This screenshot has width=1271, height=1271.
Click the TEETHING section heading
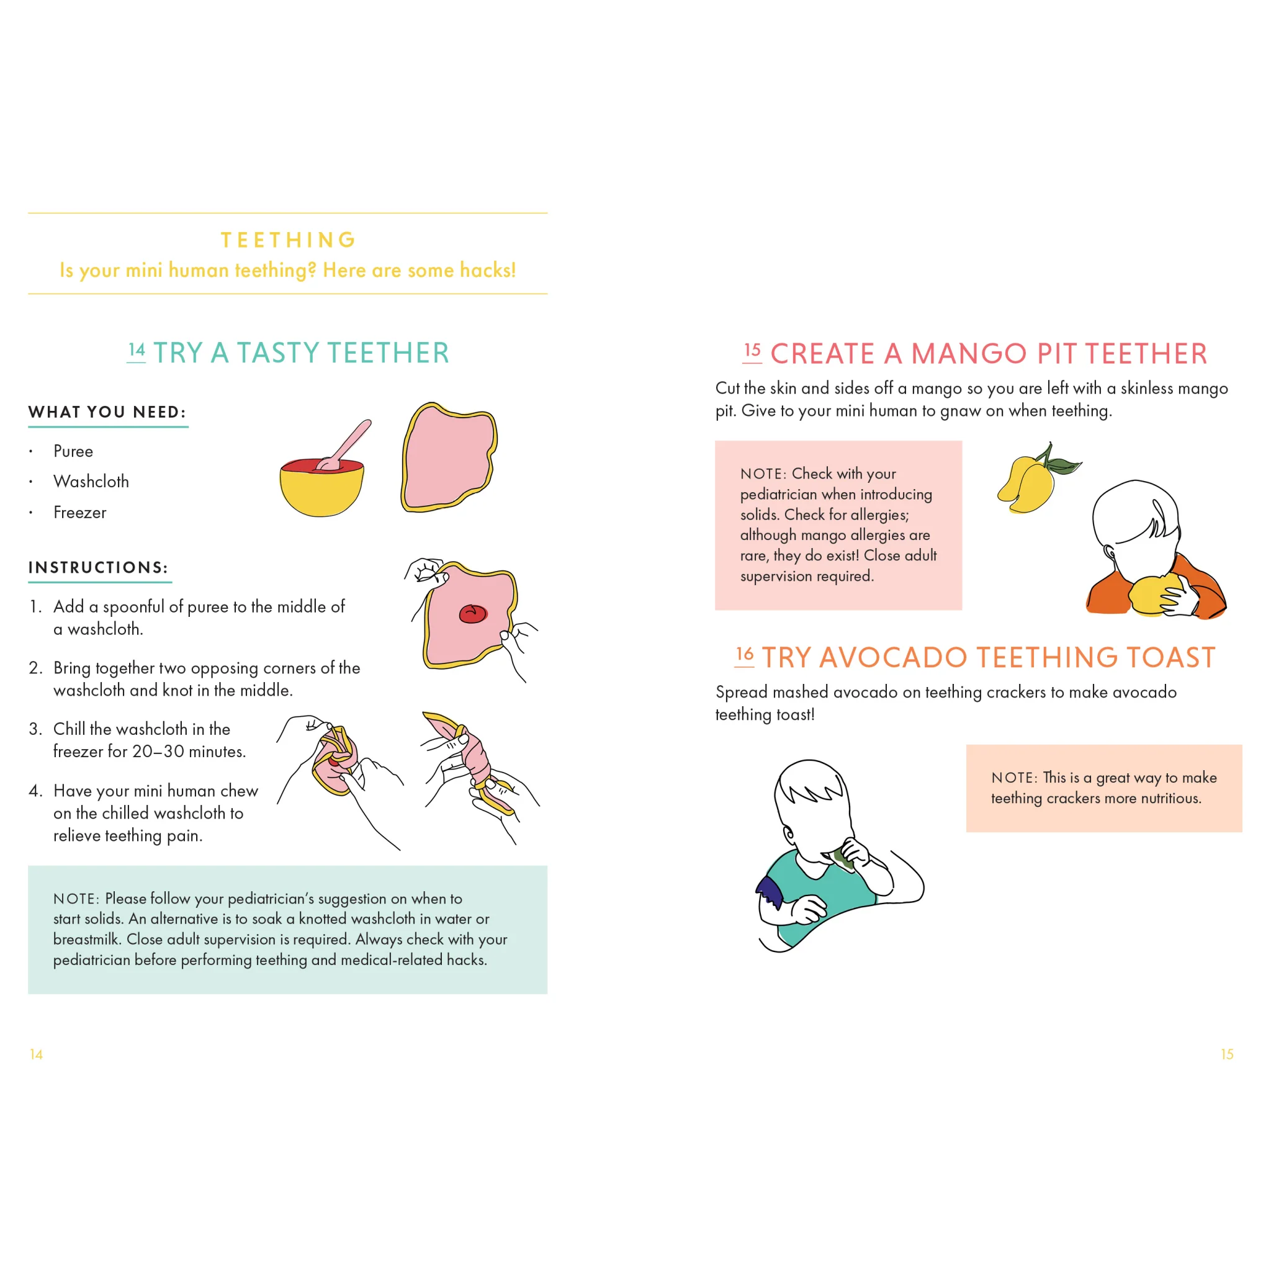(x=288, y=240)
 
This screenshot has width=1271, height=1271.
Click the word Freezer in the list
(x=79, y=513)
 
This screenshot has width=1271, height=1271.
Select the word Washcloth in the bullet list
(x=91, y=482)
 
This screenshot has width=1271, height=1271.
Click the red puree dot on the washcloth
(x=473, y=614)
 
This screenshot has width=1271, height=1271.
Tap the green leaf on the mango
(x=1064, y=467)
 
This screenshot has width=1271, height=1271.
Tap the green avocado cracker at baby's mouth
(x=844, y=858)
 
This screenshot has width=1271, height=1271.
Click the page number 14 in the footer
(x=36, y=1054)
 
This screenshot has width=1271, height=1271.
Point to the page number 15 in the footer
(x=1227, y=1054)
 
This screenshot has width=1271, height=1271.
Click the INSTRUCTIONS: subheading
(x=98, y=568)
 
